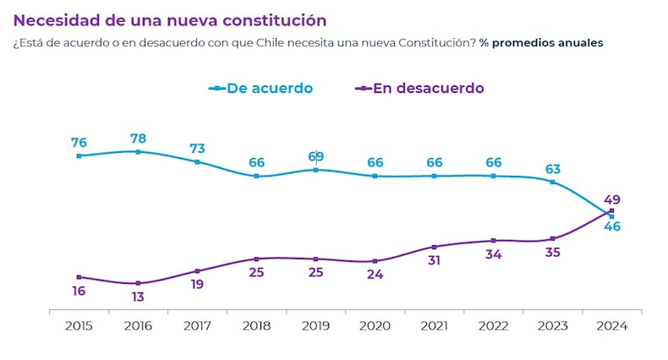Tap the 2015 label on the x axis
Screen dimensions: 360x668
pyautogui.click(x=79, y=327)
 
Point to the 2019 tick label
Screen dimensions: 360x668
pyautogui.click(x=315, y=327)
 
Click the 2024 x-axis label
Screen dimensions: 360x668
pyautogui.click(x=611, y=327)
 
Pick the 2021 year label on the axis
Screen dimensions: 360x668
pyautogui.click(x=434, y=327)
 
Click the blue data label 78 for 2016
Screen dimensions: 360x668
pyautogui.click(x=138, y=138)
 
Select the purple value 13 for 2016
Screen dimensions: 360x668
pyautogui.click(x=138, y=297)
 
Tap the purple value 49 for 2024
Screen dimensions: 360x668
pyautogui.click(x=612, y=199)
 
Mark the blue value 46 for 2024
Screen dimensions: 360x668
pyautogui.click(x=612, y=226)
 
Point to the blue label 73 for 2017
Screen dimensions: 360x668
pyautogui.click(x=197, y=149)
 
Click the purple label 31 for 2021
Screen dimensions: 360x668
pyautogui.click(x=434, y=260)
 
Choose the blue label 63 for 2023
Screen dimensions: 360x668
pyautogui.click(x=552, y=168)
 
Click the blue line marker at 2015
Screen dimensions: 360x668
pyautogui.click(x=79, y=155)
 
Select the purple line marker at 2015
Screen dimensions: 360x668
pyautogui.click(x=79, y=277)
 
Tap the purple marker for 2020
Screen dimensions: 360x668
pyautogui.click(x=375, y=261)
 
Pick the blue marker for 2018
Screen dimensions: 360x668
pyautogui.click(x=256, y=176)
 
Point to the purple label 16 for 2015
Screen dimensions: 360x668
pyautogui.click(x=79, y=291)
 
